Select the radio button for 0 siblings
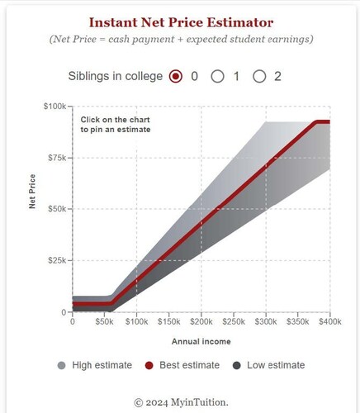click(176, 76)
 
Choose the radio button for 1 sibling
click(217, 76)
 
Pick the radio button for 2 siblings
click(259, 76)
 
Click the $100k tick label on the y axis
click(54, 106)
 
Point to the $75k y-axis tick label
click(57, 158)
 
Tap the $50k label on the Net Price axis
click(57, 209)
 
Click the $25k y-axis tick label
click(57, 260)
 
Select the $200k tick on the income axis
click(201, 321)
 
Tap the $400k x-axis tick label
click(330, 321)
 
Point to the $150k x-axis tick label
click(169, 321)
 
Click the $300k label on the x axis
click(266, 321)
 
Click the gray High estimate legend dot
click(62, 365)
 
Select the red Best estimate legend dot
click(149, 365)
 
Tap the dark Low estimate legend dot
click(236, 365)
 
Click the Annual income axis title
click(201, 342)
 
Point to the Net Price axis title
click(32, 192)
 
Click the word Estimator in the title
click(240, 22)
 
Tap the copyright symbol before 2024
click(139, 403)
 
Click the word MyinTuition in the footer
click(198, 402)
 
